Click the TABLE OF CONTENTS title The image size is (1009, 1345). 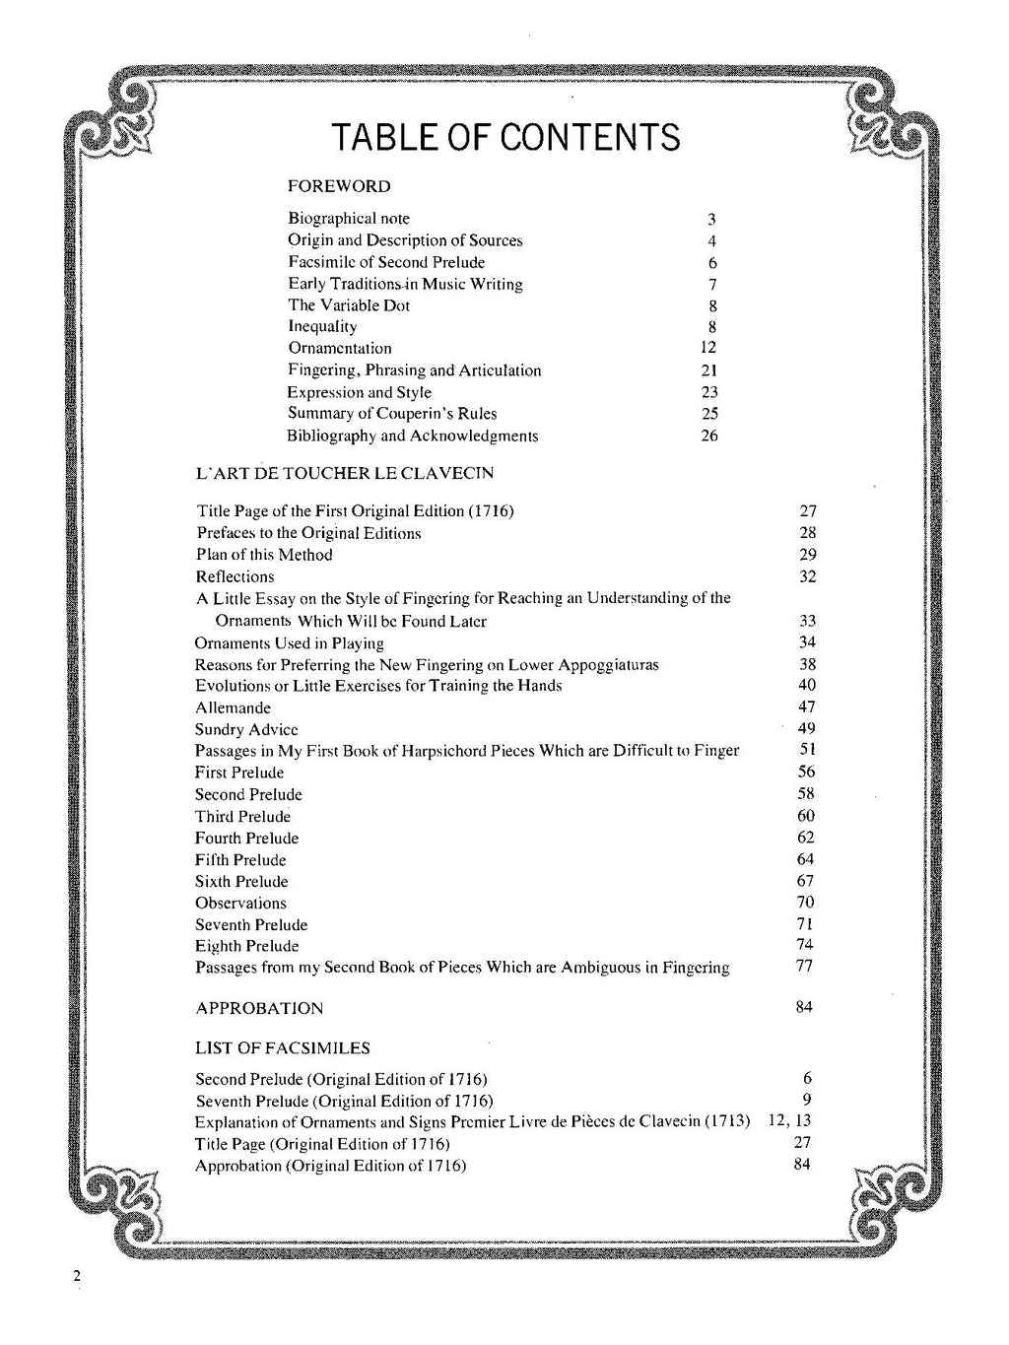point(504,137)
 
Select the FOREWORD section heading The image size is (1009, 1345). point(339,186)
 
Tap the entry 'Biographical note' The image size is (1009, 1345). point(349,219)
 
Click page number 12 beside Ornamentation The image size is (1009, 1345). point(707,348)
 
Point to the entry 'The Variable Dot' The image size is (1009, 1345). point(349,305)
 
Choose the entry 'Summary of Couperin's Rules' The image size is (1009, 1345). point(392,414)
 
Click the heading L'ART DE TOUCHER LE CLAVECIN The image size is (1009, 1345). point(345,473)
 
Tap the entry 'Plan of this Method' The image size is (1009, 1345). point(264,555)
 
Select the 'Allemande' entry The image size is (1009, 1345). point(233,707)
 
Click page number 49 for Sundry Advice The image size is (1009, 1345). point(806,728)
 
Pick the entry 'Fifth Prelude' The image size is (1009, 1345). point(240,859)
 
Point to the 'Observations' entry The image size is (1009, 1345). point(240,903)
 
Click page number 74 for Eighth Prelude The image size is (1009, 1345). point(806,946)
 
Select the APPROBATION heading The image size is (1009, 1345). point(259,1008)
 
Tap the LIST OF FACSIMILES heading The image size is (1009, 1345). point(283,1047)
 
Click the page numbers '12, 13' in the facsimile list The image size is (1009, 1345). point(788,1121)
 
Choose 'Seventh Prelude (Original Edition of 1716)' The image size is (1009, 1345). point(344,1101)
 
